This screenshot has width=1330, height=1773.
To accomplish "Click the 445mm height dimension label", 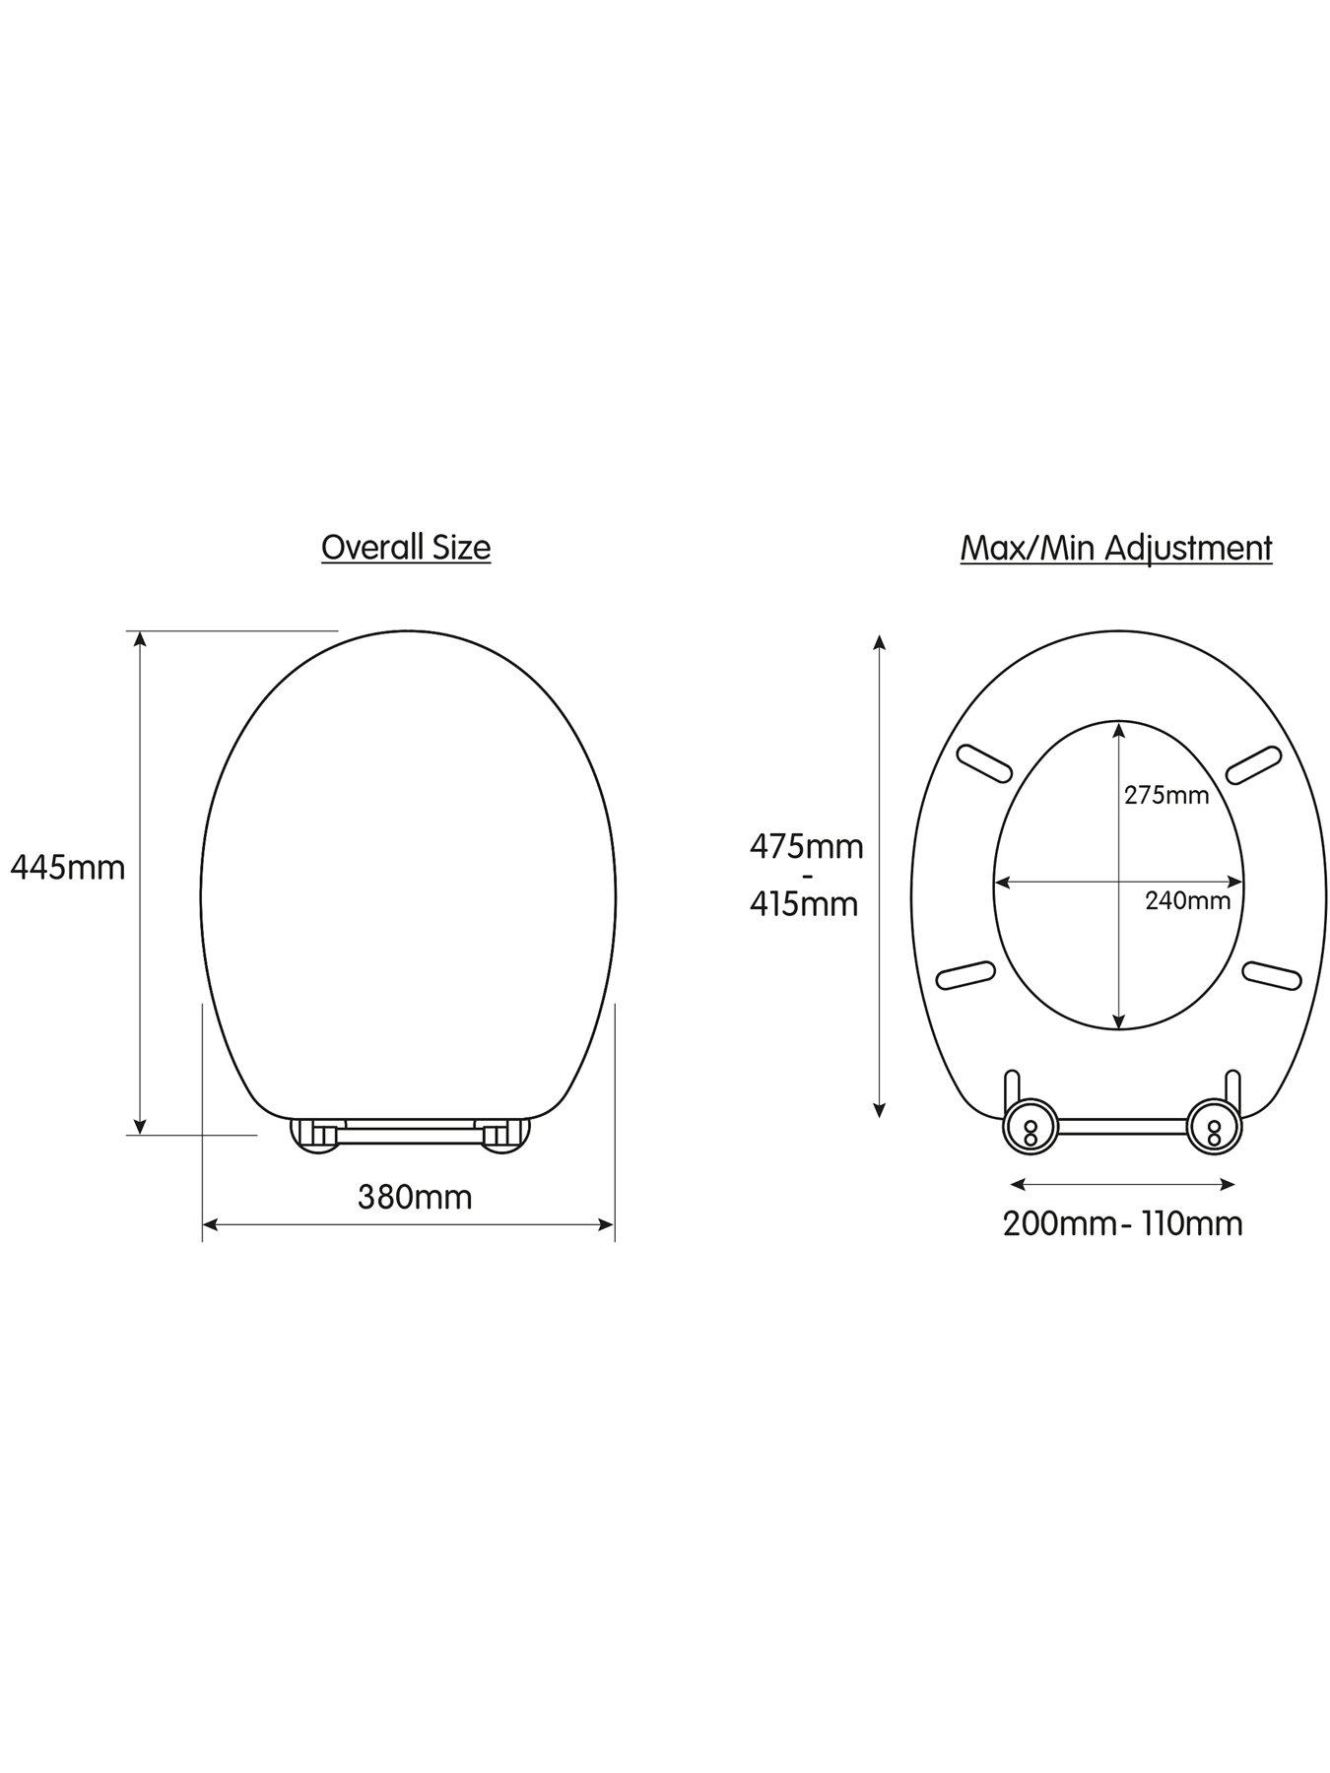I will pos(67,867).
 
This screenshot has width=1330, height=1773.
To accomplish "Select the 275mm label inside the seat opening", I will pos(1166,795).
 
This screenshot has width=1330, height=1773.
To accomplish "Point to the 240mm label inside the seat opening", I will pos(1187,899).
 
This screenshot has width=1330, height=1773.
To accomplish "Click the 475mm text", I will pos(806,846).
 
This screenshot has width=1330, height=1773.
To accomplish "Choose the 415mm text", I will pos(804,903).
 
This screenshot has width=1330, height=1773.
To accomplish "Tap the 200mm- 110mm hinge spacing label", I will pos(1122,1223).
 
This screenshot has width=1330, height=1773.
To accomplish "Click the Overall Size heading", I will pos(406,547).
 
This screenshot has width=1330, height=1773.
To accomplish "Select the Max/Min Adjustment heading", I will pos(1116,548).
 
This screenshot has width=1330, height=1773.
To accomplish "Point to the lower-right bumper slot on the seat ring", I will pos(1272,974).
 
